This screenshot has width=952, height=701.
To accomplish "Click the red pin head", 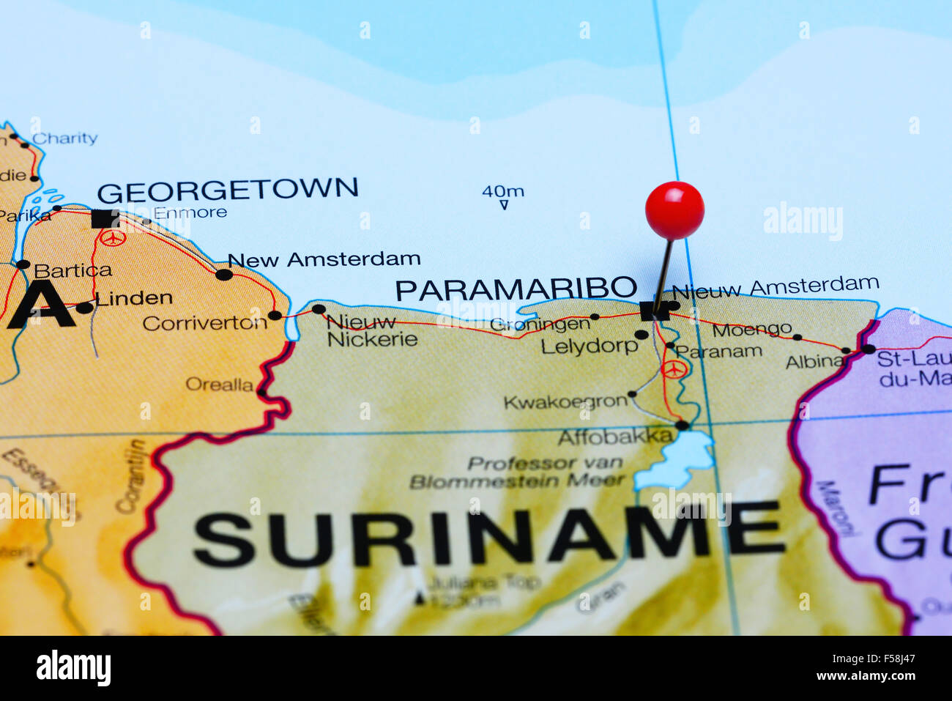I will click(x=674, y=210).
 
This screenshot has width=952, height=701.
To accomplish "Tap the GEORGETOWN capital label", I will click(x=228, y=190).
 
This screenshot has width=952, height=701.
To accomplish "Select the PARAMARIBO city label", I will click(x=516, y=289).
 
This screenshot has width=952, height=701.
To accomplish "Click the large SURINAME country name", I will click(x=488, y=538).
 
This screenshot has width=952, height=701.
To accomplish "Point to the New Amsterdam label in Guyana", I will click(x=324, y=259).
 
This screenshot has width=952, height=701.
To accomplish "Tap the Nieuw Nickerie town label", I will click(x=371, y=330).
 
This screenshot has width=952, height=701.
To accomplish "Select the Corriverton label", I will click(x=204, y=323).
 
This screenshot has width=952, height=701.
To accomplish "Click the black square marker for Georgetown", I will click(x=105, y=218).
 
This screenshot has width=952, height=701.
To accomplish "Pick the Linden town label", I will click(x=133, y=298).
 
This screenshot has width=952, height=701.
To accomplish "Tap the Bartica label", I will click(x=72, y=270).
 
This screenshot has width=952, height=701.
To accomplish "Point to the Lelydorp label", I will click(x=589, y=346).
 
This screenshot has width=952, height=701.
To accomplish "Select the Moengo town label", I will click(x=751, y=330).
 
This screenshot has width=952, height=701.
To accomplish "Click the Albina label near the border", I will click(x=814, y=361).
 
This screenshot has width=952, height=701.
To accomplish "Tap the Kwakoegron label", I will click(x=565, y=402).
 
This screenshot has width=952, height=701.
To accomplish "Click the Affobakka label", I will click(x=614, y=437).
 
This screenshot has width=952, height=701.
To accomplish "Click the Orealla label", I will click(x=219, y=385).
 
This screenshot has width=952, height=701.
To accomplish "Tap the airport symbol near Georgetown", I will click(x=113, y=237).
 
